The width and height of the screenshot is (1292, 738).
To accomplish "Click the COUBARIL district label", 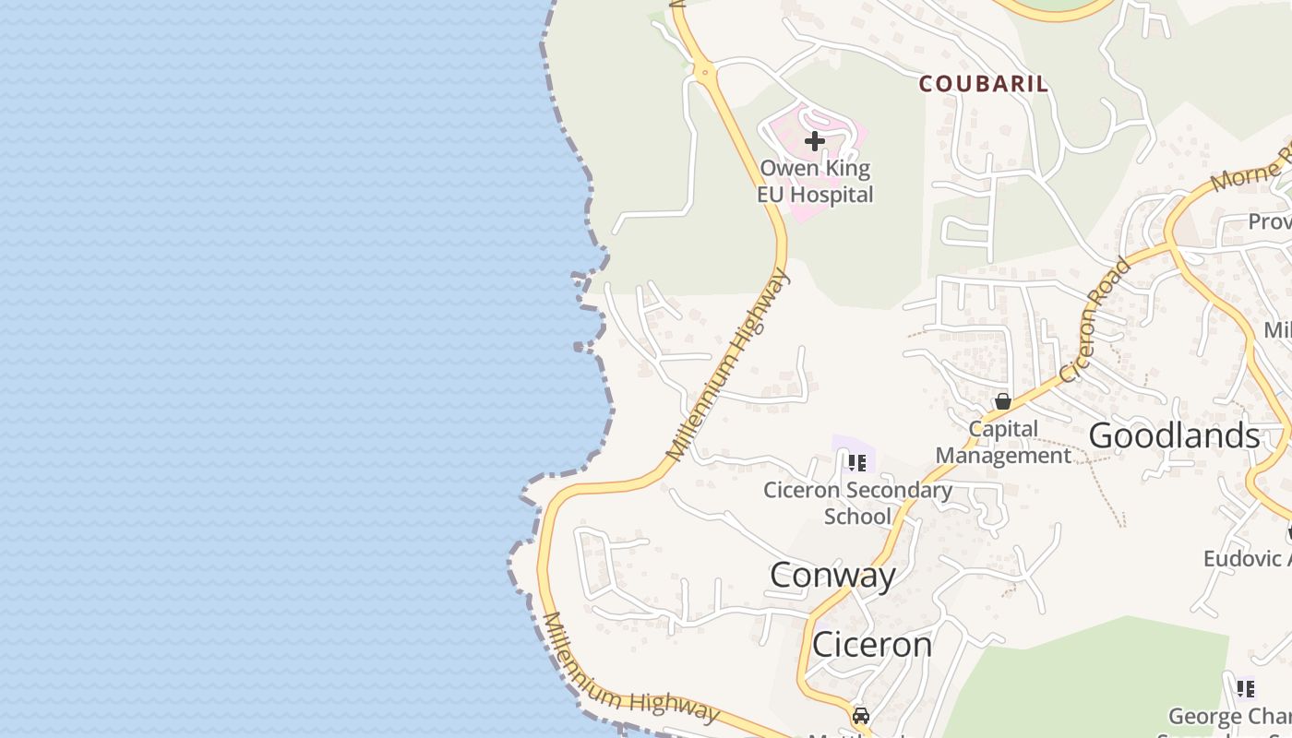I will coord(983,84).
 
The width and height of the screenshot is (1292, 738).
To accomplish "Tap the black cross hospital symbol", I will coord(814,141).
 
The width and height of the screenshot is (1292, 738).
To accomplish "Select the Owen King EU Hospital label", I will coord(815,182).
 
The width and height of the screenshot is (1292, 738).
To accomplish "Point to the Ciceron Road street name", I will coord(1095,319).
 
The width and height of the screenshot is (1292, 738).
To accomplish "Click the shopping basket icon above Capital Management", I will coord(1003,401).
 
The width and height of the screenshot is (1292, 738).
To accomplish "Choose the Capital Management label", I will coord(1003,442).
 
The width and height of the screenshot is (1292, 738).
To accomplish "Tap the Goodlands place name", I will coord(1174,435).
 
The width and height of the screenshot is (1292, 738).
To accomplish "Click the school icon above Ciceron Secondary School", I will coord(856,462).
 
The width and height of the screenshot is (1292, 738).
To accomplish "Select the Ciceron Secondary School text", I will coord(857,503).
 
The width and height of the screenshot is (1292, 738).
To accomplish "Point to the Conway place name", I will coord(832,575).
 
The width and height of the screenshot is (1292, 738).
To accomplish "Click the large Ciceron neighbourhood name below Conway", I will coord(871,644).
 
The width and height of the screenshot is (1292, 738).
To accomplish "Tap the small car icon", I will coord(860,715).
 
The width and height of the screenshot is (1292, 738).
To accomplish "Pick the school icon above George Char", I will coord(1246,688).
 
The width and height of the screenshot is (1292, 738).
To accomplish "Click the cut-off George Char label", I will coord(1229,717).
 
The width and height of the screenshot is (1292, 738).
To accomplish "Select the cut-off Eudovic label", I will coord(1246,558).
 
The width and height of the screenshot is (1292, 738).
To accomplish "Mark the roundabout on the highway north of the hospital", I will coord(703,71).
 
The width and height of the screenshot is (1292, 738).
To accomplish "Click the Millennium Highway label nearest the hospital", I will coord(729,365).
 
